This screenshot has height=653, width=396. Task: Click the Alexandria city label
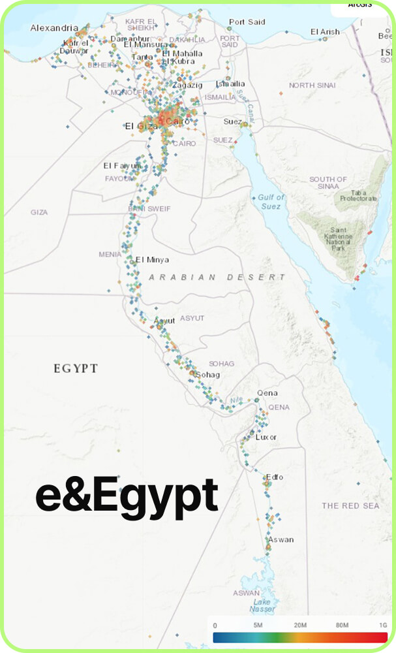tap(54, 28)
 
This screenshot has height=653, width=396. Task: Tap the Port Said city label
tap(247, 22)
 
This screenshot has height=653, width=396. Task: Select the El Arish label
tap(325, 31)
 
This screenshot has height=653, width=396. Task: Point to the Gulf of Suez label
tap(271, 202)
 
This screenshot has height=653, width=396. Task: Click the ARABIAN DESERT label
tap(217, 277)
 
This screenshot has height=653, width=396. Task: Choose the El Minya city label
tap(152, 259)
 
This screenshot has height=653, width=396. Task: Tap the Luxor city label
tap(266, 437)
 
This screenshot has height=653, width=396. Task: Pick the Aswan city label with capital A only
tap(281, 539)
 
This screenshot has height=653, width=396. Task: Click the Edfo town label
tap(275, 477)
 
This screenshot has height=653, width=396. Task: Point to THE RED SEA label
tap(350, 506)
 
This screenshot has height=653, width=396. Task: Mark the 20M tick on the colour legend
tap(301, 626)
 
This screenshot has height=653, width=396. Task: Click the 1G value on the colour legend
tap(383, 626)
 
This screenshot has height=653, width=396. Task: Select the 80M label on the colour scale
tap(343, 626)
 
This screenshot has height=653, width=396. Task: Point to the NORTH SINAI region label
tap(312, 86)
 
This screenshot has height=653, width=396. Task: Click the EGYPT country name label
tap(76, 369)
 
